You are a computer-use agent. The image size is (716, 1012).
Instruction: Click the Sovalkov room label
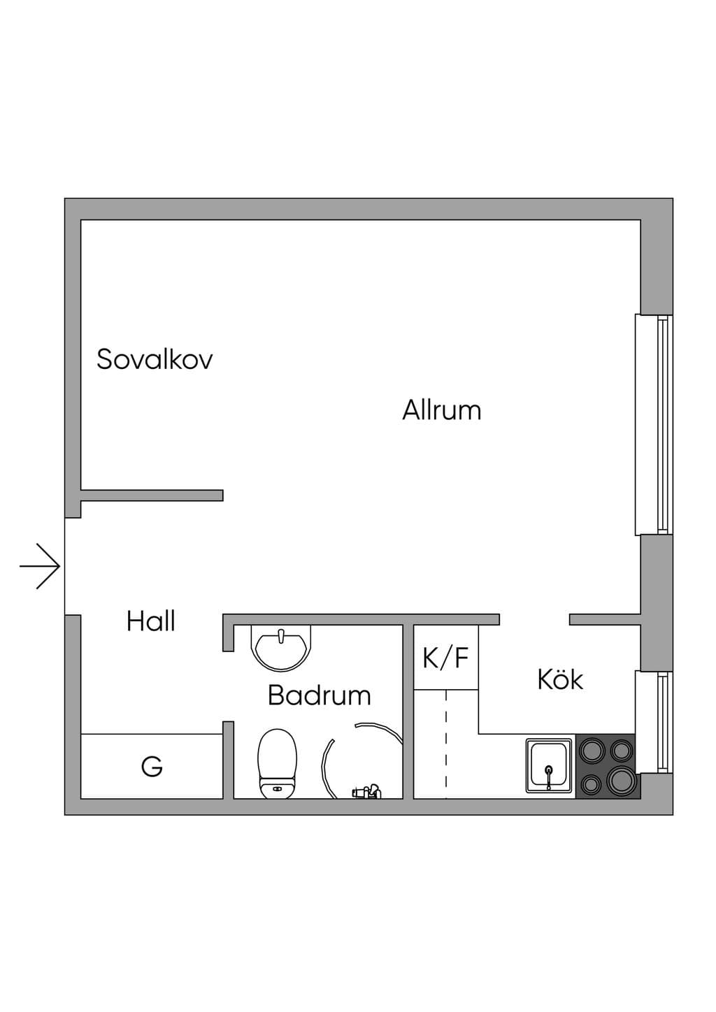(x=155, y=359)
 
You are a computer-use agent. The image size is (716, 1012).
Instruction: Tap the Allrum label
(x=442, y=410)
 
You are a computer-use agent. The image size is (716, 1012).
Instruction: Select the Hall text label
(x=151, y=621)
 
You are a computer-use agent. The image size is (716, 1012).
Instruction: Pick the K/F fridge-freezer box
(x=446, y=658)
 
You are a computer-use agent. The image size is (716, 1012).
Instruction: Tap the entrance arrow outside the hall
(x=40, y=566)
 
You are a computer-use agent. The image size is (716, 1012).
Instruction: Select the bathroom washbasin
(x=281, y=648)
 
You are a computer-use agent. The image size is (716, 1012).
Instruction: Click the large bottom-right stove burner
(x=621, y=780)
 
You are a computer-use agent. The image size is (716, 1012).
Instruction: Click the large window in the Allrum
(x=654, y=425)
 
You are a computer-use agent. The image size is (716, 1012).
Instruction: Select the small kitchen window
(x=654, y=722)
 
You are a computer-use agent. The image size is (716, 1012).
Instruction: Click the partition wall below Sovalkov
(x=152, y=495)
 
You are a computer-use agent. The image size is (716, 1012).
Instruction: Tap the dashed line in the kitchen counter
(x=446, y=744)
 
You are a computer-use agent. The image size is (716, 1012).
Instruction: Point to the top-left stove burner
(x=592, y=751)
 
